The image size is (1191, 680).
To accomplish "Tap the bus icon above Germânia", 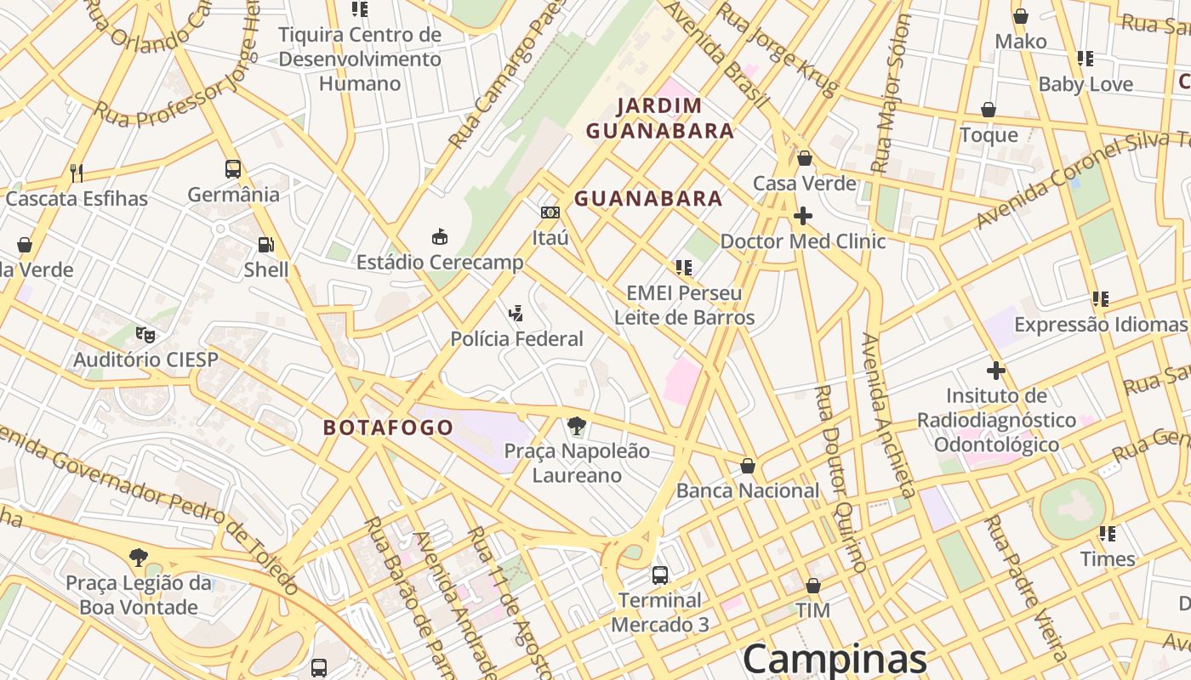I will [233, 168].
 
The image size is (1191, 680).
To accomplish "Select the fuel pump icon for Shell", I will [265, 245].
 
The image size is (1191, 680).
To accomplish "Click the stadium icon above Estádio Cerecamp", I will [440, 236].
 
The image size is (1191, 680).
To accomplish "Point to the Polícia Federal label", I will [516, 339].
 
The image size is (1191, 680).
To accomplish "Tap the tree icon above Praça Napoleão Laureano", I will [577, 425].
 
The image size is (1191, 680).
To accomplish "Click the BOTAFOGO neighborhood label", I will [388, 428].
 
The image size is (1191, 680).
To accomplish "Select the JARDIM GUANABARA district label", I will [660, 118].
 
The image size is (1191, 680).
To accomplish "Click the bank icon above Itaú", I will [550, 212].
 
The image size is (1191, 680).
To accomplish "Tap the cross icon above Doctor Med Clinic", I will [802, 216].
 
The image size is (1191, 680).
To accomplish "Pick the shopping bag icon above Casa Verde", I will [805, 158].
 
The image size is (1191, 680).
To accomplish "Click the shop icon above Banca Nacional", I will [747, 466].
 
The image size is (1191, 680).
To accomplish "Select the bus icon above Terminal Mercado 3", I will [659, 575].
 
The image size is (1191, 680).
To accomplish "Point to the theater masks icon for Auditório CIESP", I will [145, 334].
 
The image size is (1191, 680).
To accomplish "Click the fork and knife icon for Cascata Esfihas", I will [77, 173].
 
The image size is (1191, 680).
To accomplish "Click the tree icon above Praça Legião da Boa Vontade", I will [138, 558].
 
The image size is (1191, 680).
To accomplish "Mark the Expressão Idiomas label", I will [1099, 325].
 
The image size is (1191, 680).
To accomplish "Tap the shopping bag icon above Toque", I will [989, 110].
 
